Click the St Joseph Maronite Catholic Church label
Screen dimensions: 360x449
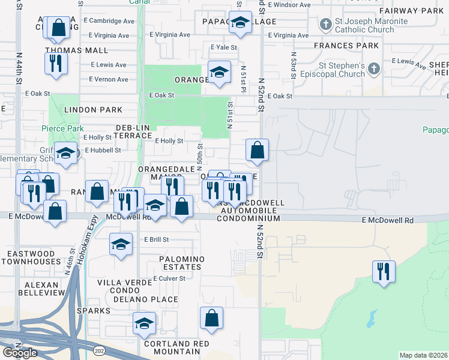(372, 26)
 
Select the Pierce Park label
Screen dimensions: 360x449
(62, 128)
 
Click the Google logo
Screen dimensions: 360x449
(20, 352)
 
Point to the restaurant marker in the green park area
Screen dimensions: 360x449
(382, 271)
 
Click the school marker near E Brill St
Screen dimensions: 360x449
(121, 244)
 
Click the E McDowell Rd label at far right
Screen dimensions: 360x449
(388, 221)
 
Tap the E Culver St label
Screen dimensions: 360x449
(169, 278)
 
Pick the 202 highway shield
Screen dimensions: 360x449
(98, 349)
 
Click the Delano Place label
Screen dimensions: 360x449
(152, 299)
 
